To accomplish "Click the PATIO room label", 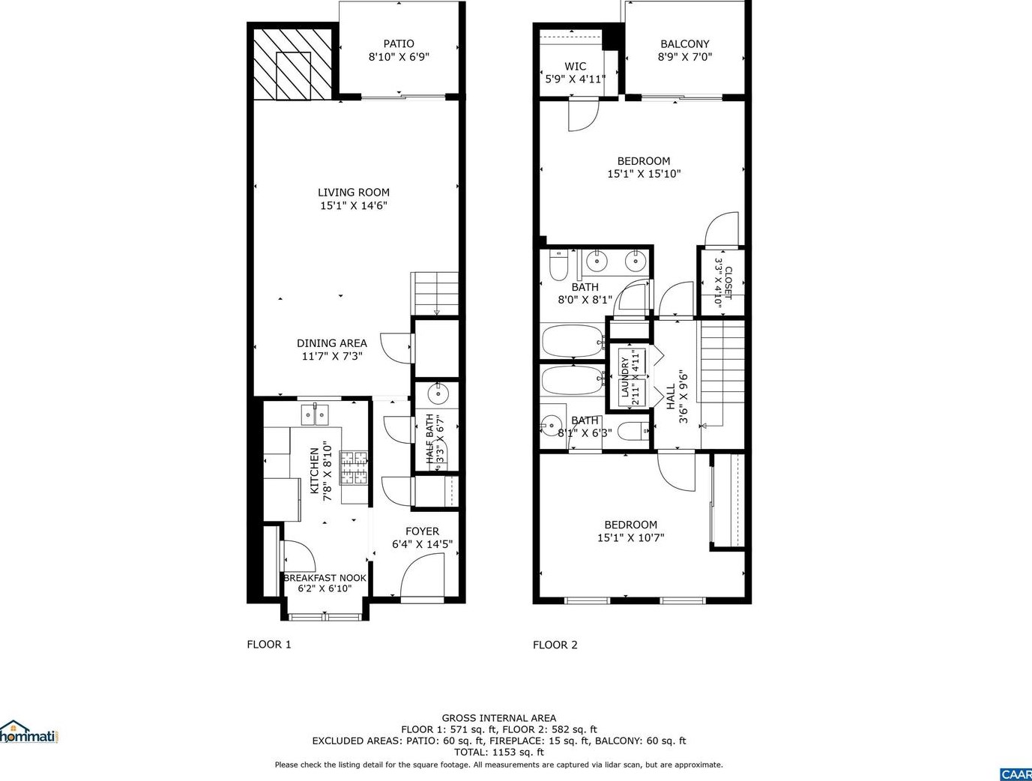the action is coord(399,43).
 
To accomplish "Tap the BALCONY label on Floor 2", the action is coord(684,43).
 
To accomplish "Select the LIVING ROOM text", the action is coord(354,193).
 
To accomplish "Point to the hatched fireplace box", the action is coord(293,64).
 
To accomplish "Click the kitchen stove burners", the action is coord(354,467).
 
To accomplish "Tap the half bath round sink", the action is coord(438,393).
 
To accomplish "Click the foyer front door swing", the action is coord(422,575).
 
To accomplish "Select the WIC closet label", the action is coord(575,66).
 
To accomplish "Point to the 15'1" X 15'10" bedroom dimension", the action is coord(644,174).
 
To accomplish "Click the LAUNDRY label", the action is coord(625,377).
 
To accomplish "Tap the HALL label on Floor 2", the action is coord(671,396).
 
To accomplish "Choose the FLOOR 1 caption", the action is coord(269,645).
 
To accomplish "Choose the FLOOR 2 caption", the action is coord(555,645).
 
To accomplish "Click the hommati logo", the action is coord(28,732).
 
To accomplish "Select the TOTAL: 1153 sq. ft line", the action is coord(499,752).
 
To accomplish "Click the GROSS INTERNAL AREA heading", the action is coord(499,718).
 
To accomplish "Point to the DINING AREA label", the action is coord(332,343).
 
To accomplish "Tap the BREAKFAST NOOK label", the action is coord(325,578).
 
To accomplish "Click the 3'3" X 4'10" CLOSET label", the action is coord(723,283).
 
